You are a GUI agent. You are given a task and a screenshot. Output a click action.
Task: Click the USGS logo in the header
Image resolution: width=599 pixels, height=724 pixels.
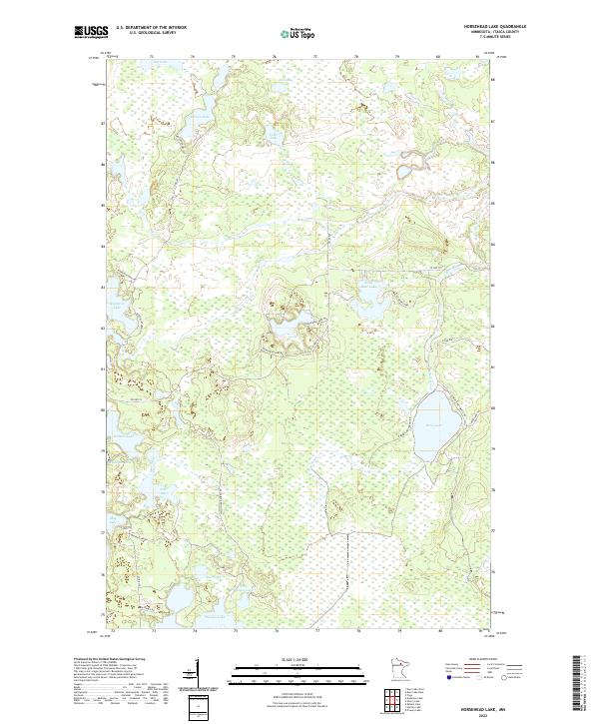click(91, 32)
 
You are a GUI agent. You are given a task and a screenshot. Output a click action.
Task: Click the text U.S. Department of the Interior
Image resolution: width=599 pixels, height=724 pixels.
click(151, 28)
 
